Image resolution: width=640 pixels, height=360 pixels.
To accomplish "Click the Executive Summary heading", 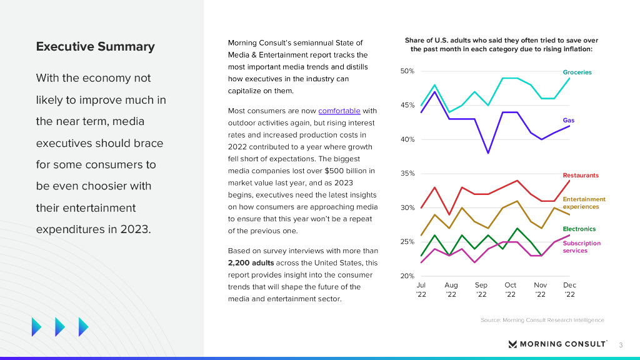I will (95, 47).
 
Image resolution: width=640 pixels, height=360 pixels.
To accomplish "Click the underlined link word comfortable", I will (339, 111).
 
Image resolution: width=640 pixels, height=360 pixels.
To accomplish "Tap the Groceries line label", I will (577, 72).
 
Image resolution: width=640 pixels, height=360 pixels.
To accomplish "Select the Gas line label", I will (568, 121).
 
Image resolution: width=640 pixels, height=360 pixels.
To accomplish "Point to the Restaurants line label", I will (581, 176).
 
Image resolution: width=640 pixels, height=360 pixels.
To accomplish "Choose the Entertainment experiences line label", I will (584, 203).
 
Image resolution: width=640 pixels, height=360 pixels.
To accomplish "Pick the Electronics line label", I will (579, 229).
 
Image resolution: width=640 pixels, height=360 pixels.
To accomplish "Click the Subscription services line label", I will (581, 247).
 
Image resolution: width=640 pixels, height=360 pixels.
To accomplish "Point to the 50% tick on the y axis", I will (407, 71).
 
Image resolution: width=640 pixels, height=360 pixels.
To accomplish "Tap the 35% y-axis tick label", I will (407, 174).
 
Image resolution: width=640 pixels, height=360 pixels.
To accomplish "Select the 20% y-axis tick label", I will (407, 276).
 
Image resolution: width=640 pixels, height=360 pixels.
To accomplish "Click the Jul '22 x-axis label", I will (421, 289).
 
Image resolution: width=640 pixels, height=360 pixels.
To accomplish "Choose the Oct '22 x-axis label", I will (511, 289).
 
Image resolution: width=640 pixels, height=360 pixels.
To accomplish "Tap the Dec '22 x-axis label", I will (569, 289).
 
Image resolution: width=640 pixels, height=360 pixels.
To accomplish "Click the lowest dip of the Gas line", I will (488, 153).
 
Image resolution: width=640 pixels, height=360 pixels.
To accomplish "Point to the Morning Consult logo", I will (557, 344).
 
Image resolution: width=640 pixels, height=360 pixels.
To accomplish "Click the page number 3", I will (621, 344).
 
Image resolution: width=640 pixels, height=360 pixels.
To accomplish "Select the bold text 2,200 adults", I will (251, 263).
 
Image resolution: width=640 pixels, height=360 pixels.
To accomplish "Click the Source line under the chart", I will (542, 320).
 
